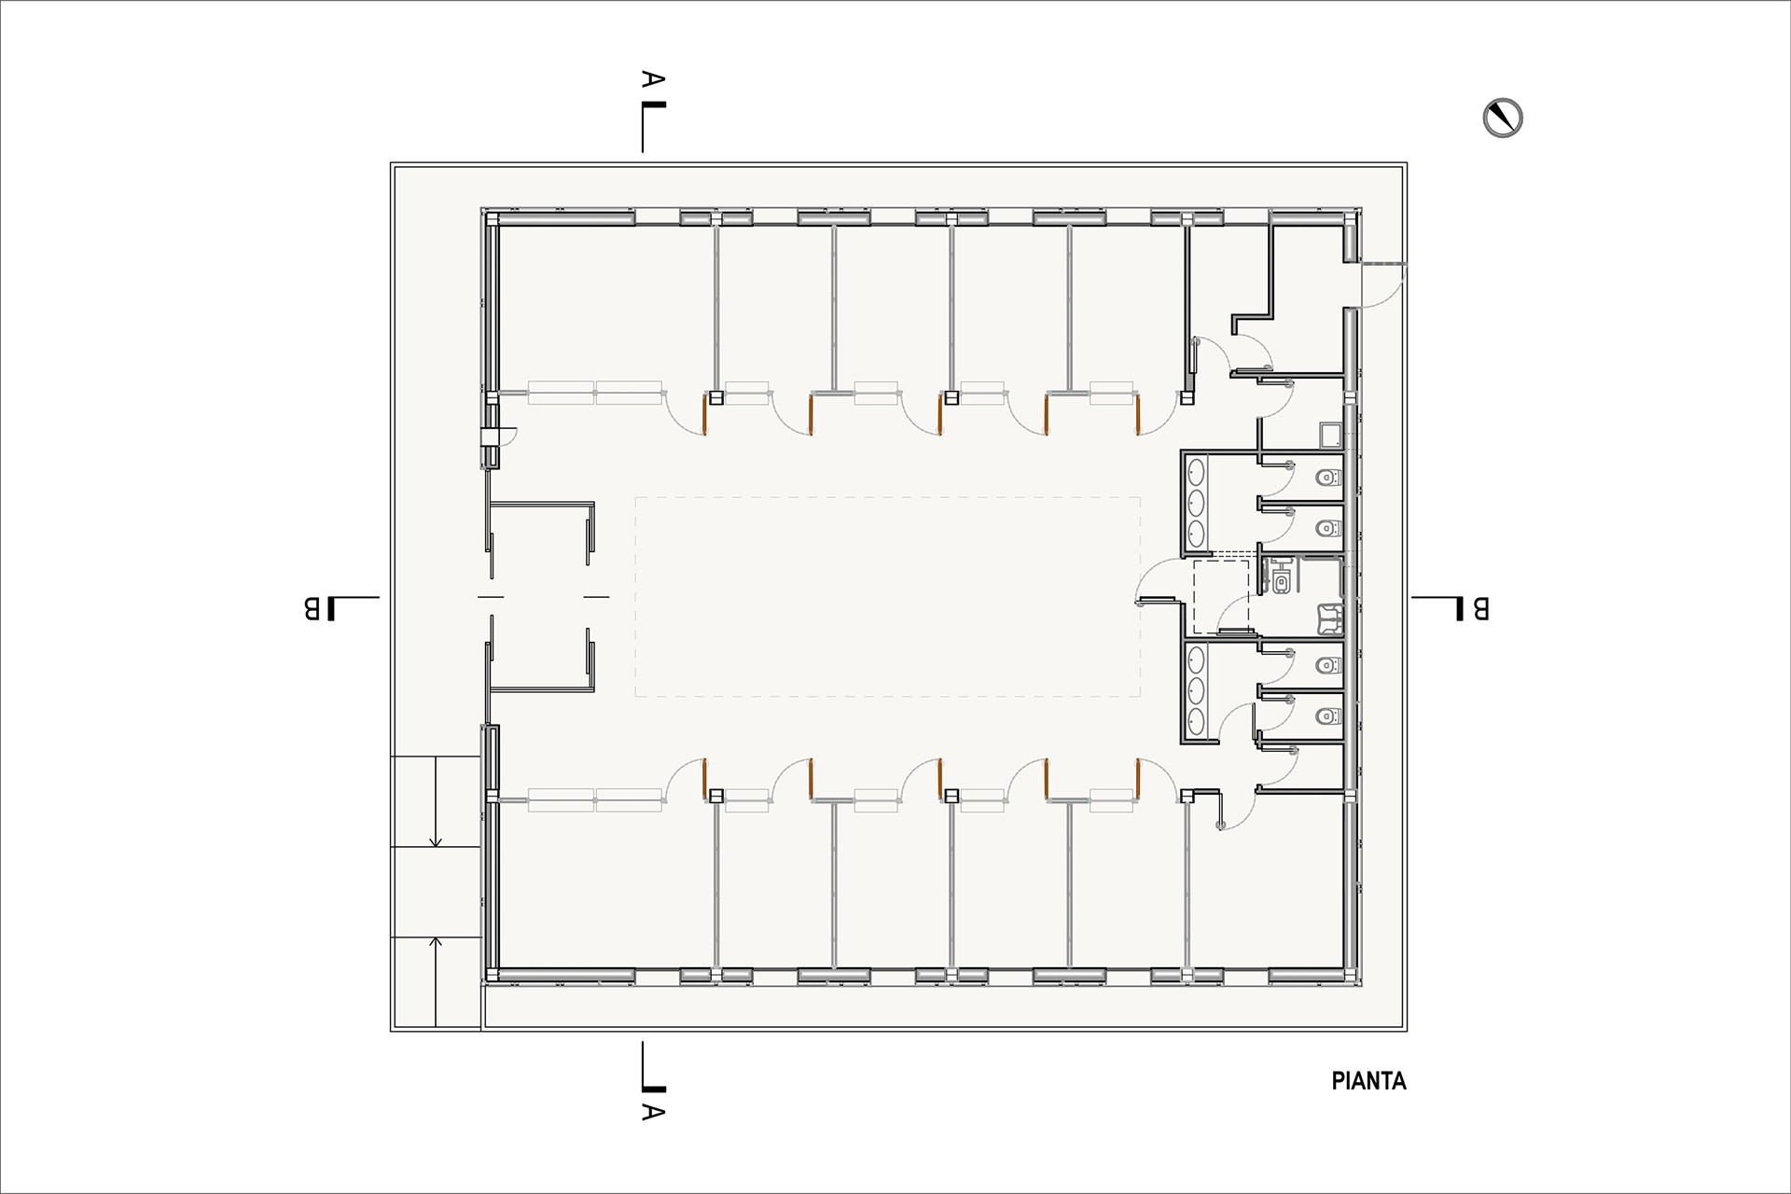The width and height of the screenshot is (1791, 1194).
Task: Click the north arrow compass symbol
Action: point(1503,118)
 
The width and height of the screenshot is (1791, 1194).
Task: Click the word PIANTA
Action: point(1368,1081)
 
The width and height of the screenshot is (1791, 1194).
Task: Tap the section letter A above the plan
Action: point(653,80)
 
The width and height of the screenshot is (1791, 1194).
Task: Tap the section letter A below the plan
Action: point(653,1112)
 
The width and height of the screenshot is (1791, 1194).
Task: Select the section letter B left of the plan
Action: point(312,608)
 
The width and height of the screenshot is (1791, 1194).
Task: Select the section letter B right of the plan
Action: point(1480,608)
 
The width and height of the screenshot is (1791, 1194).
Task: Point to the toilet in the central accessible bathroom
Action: point(1283,583)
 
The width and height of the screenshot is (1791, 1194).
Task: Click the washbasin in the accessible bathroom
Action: point(1328,618)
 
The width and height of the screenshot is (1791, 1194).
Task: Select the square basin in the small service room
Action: point(1330,436)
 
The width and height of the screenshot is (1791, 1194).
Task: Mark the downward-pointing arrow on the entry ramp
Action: point(435,802)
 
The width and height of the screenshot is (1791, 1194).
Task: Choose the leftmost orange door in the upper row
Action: point(705,415)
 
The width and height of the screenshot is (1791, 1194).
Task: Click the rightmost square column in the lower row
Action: point(1187,796)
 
